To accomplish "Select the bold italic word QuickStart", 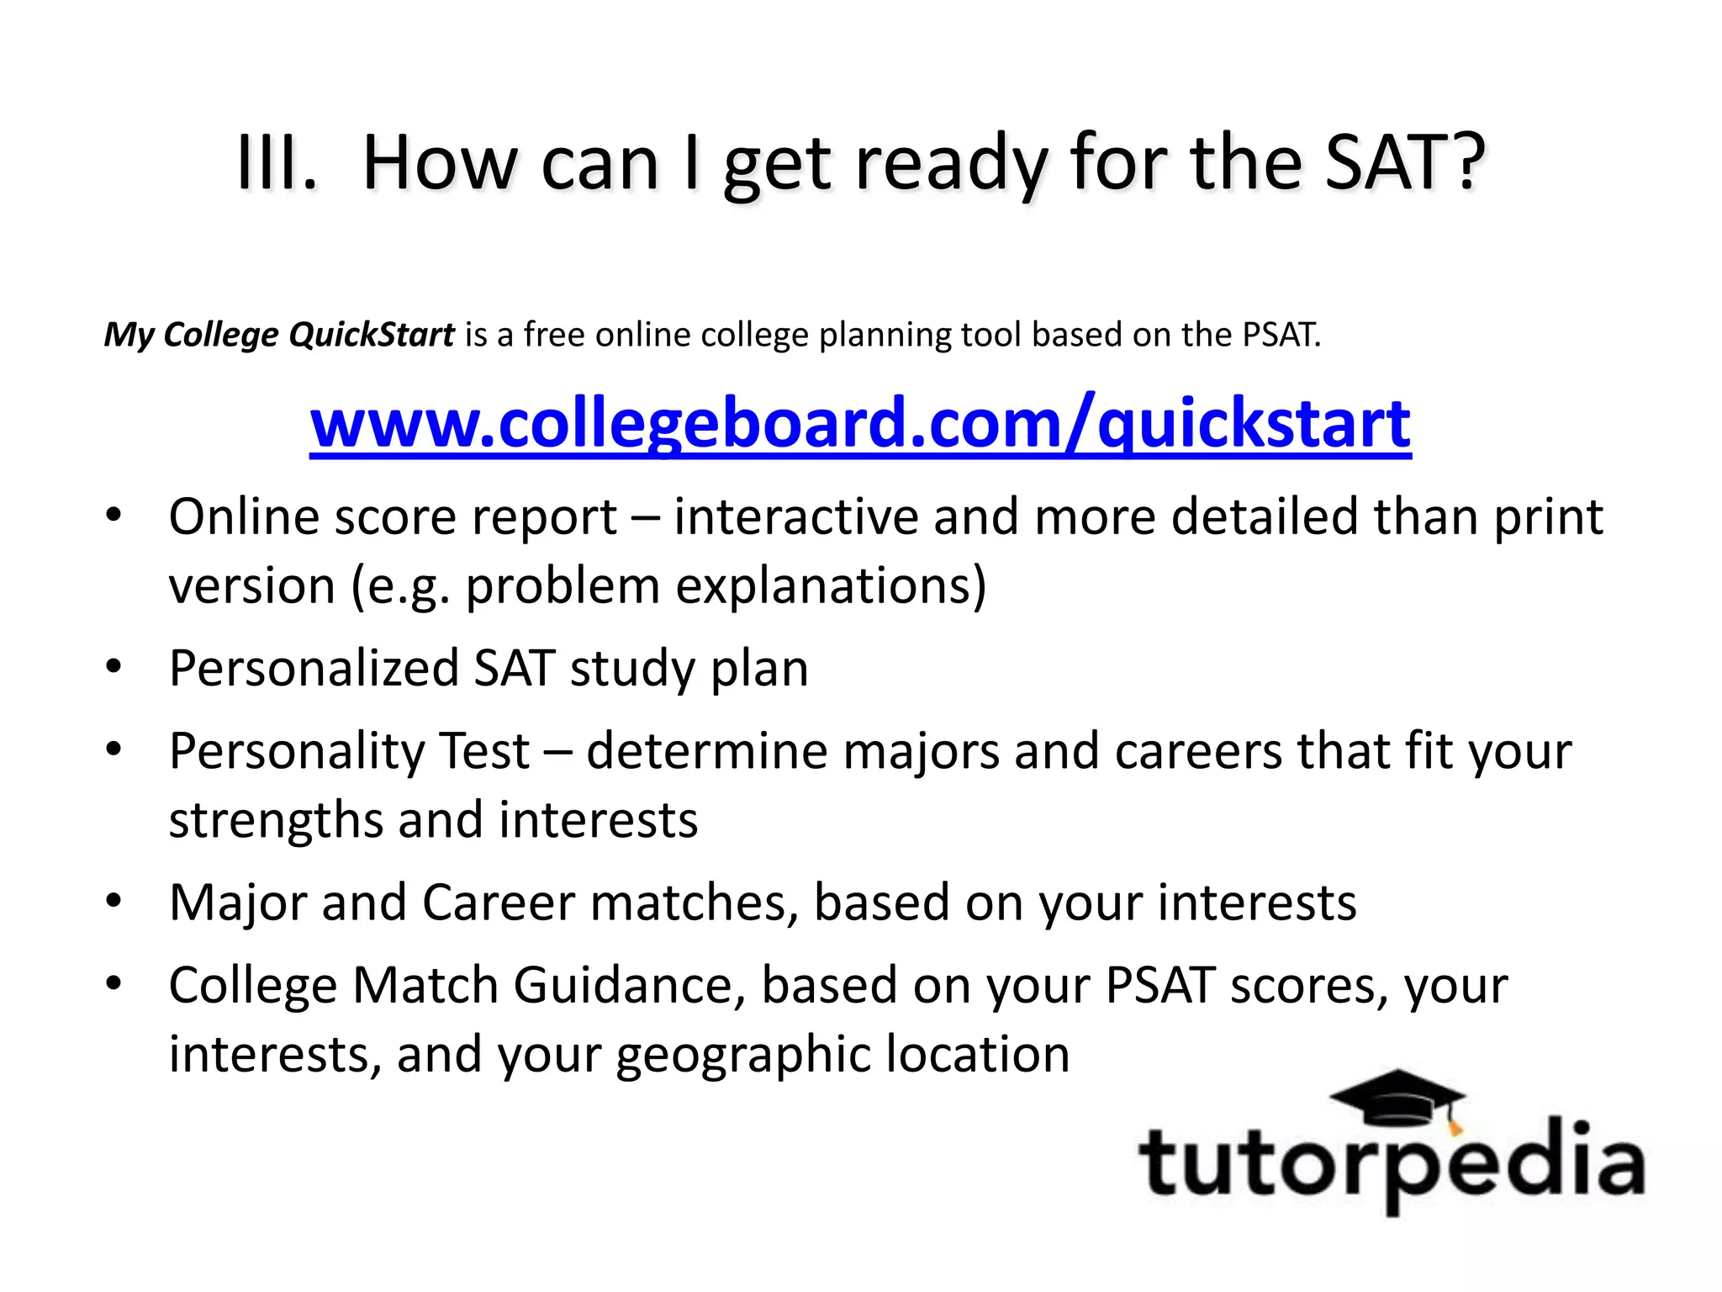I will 371,335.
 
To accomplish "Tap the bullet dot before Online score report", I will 114,514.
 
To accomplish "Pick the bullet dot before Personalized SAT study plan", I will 114,667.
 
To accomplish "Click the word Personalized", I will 313,669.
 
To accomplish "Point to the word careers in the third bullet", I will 1198,750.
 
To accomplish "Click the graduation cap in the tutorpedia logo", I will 1398,1099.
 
